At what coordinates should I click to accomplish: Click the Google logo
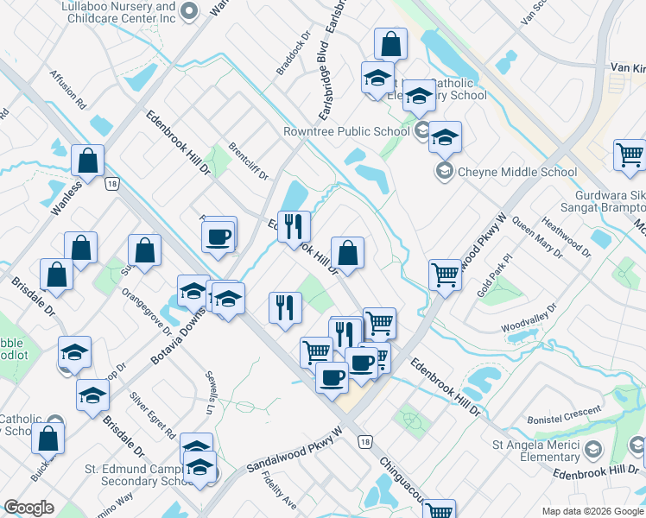pos(28,508)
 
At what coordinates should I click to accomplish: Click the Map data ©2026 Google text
pos(592,511)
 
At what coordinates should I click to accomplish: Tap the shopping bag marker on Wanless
pos(88,161)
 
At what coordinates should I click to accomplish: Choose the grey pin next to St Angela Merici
pos(593,449)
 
